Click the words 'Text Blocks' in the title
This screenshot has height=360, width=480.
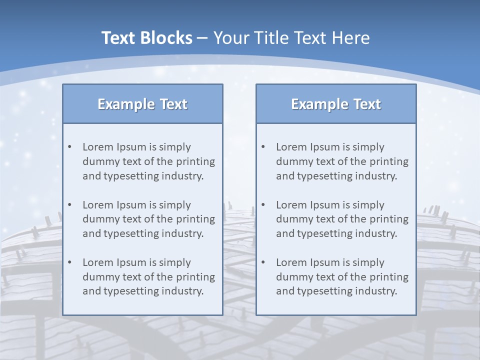pos(146,38)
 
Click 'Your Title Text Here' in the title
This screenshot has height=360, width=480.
pos(291,38)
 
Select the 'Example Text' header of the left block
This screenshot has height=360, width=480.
pos(142,104)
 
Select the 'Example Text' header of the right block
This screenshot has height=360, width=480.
pos(336,104)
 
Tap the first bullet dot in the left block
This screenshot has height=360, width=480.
pos(69,147)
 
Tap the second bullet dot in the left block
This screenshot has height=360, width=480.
pos(69,205)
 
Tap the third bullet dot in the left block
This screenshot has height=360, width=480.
pos(69,262)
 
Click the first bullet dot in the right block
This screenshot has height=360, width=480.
pos(263,147)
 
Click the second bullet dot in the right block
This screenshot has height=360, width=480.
pos(263,205)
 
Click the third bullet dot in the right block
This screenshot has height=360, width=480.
pos(263,262)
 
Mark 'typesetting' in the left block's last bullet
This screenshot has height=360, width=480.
pos(131,291)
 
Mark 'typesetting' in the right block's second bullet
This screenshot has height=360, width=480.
pos(325,233)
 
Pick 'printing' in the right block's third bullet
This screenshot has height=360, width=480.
pos(390,277)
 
